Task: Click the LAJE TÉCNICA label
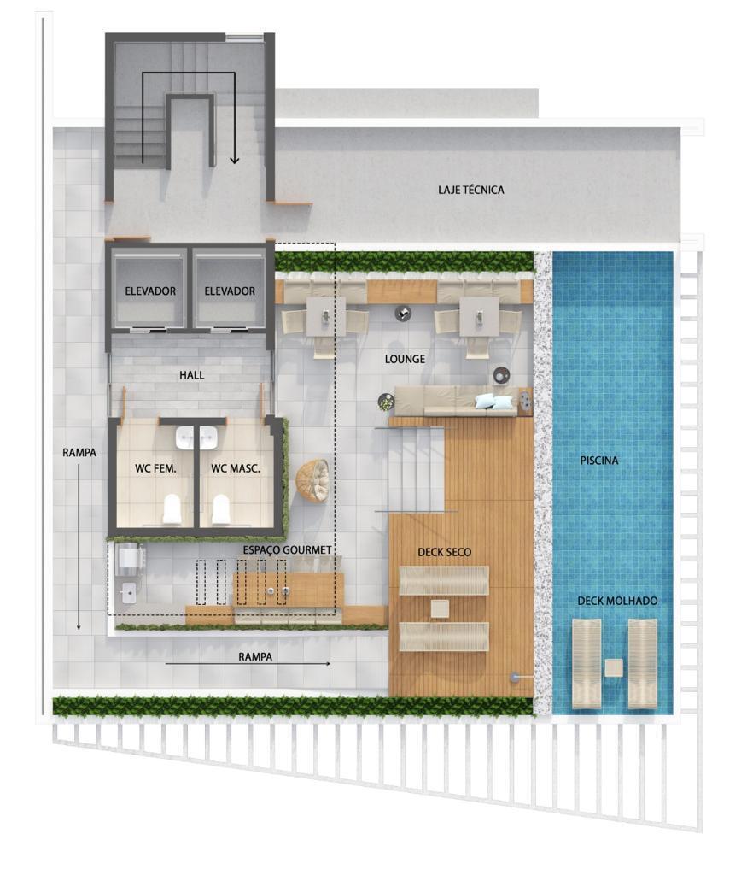point(470,190)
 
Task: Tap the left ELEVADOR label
point(150,291)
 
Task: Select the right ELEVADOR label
point(229,291)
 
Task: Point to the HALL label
point(192,375)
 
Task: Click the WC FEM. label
point(155,468)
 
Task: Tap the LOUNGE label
point(405,360)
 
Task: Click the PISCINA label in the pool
point(598,461)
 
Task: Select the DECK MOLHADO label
point(617,602)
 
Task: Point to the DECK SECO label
point(444,553)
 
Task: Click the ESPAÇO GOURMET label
point(287,549)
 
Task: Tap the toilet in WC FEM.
point(172,508)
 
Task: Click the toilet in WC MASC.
point(221,508)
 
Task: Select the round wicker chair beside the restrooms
point(312,479)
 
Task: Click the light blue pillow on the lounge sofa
point(494,402)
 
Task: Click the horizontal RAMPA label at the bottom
point(255,657)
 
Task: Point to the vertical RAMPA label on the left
point(79,453)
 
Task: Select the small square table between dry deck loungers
point(440,608)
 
